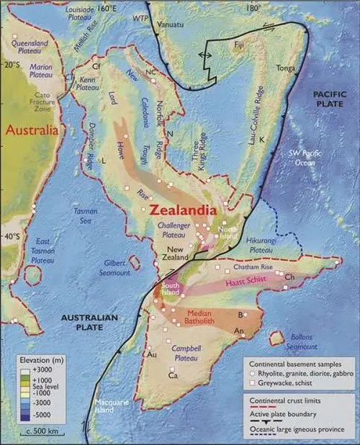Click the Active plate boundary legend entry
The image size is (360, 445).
click(x=278, y=415)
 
